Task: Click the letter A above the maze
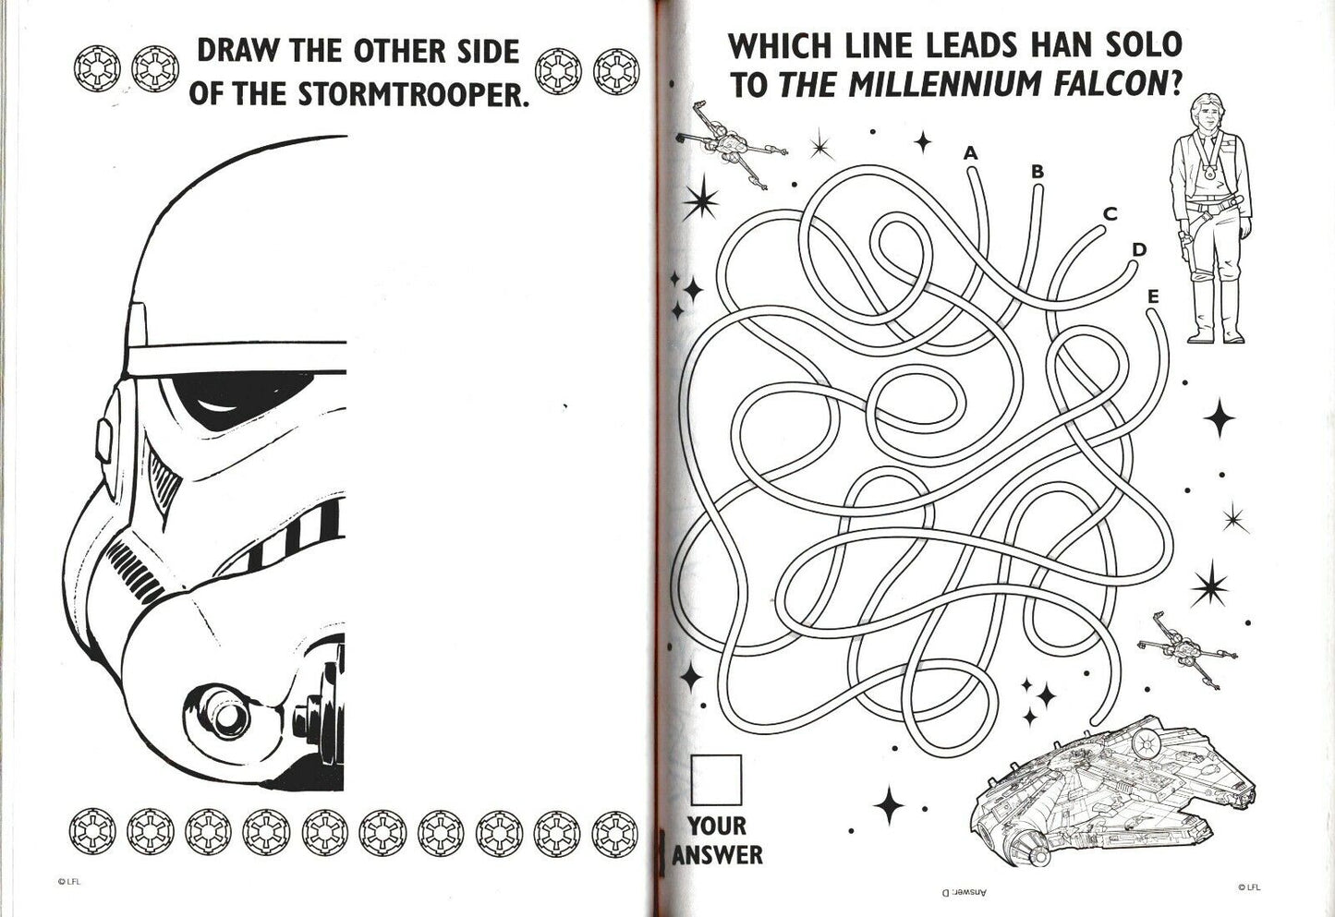click(971, 153)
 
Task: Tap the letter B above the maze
click(1038, 172)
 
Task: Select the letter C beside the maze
click(1110, 213)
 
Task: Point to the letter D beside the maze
click(1139, 249)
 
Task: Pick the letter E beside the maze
click(1153, 296)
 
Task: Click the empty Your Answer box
click(716, 780)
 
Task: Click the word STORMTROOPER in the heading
click(413, 94)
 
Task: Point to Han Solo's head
click(1207, 114)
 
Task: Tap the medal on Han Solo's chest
click(1208, 174)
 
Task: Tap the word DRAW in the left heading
click(237, 51)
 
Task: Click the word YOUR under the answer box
click(717, 826)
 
